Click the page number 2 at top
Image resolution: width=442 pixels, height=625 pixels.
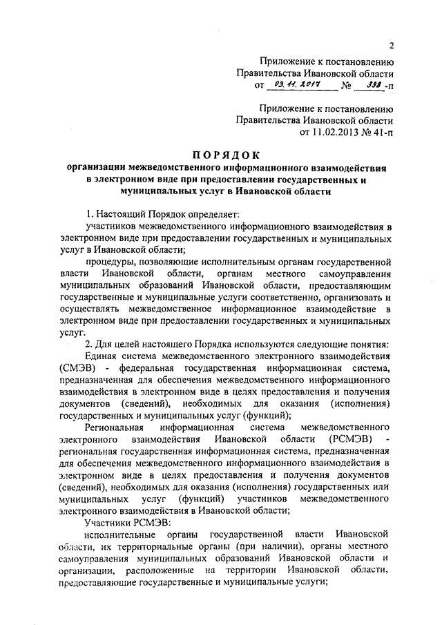pos(391,47)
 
